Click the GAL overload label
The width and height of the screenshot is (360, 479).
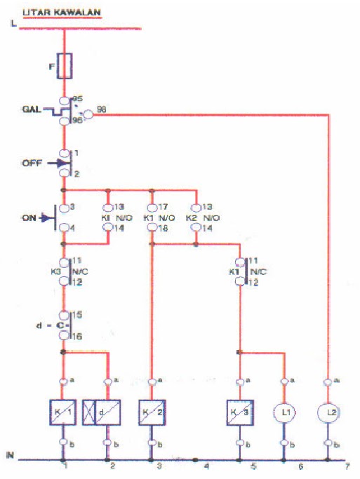31,110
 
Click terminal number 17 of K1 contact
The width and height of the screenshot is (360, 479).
162,207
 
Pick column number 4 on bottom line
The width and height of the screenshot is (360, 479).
207,466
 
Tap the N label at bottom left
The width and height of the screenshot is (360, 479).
10,454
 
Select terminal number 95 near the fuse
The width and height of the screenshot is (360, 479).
77,99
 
